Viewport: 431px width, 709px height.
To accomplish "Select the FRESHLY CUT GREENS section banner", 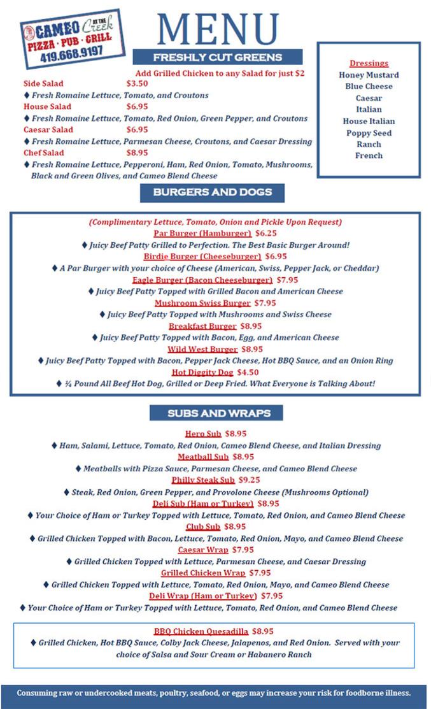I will pos(217,57).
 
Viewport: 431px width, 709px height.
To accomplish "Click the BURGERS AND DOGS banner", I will pos(212,192).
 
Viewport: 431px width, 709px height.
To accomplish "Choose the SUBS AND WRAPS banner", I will pos(219,413).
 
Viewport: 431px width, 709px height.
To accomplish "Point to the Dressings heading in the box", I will pos(369,63).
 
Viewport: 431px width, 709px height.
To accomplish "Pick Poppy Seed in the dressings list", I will pos(369,133).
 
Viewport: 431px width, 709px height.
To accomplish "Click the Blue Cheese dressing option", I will pos(369,86).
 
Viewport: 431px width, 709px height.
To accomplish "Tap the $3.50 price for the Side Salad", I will pos(137,83).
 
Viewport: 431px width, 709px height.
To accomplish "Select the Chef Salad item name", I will pos(44,153).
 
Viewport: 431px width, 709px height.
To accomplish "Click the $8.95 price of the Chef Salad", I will pos(137,153).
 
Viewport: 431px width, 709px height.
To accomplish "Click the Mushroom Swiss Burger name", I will pos(202,303).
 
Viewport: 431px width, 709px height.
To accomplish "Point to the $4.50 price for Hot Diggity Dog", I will pos(248,372).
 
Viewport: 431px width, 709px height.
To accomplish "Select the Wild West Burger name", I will pos(202,349).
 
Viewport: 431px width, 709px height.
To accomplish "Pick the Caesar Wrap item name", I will pos(203,550).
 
